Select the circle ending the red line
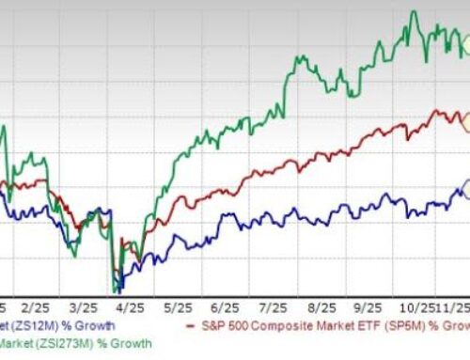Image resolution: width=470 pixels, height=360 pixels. pos(467,119)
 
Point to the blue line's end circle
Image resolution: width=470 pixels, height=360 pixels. pos(467,191)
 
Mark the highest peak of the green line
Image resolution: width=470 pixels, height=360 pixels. pos(414,11)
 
